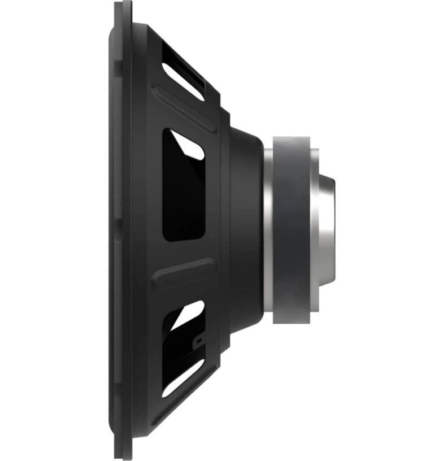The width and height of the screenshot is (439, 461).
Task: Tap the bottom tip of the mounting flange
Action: (123, 456)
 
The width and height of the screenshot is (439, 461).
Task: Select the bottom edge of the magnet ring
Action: (292, 322)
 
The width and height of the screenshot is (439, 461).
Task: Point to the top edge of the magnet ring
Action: (292, 138)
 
